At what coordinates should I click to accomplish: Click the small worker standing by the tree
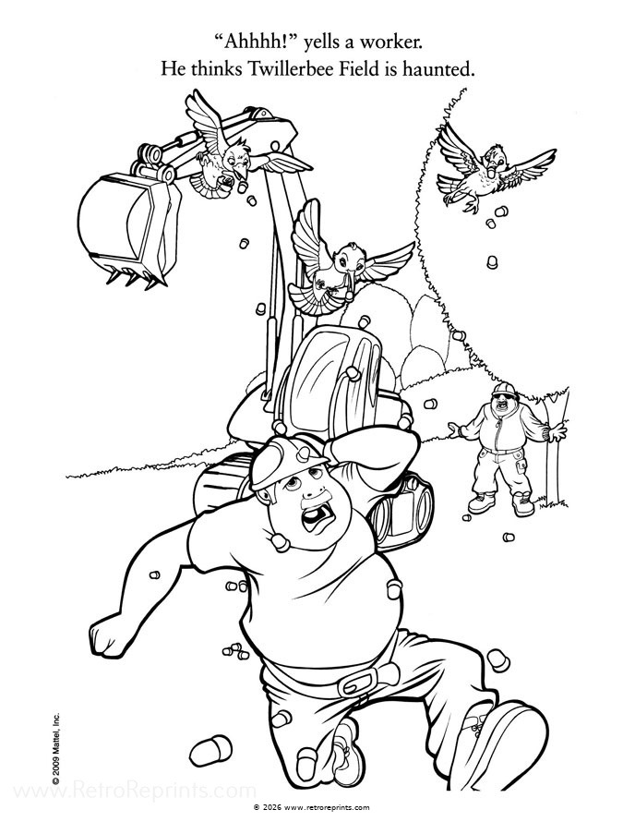click(x=506, y=449)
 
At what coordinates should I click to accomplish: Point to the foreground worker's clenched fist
click(x=109, y=636)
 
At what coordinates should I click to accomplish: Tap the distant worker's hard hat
click(x=504, y=390)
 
